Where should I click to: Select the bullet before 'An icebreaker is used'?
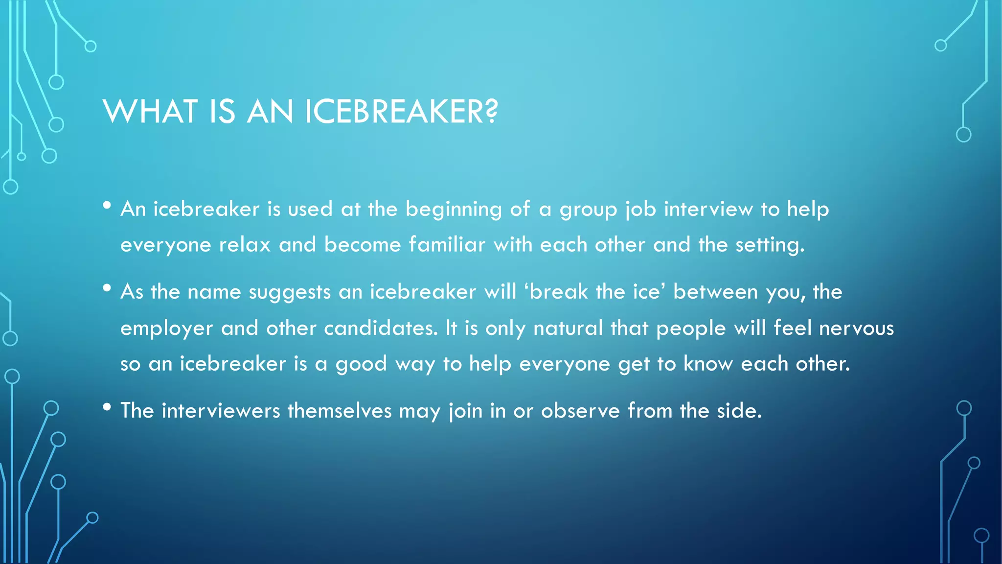(x=107, y=206)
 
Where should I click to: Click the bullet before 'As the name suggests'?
(x=107, y=288)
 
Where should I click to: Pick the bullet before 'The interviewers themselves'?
(x=107, y=407)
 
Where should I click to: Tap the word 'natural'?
(x=568, y=328)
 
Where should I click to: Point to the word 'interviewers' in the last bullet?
(x=221, y=411)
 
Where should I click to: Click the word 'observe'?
(x=580, y=411)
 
